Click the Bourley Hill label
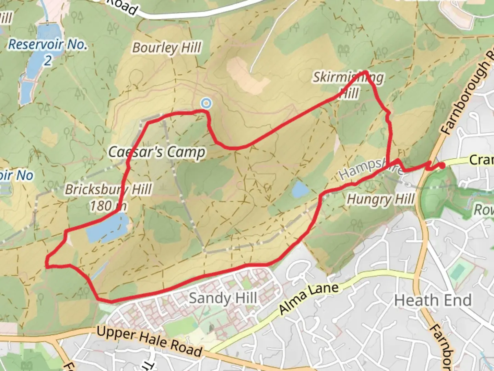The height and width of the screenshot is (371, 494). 167,48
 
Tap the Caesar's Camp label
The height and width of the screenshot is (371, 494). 157,152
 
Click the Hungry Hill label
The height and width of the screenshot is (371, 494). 380,199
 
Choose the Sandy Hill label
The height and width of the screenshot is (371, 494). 223,298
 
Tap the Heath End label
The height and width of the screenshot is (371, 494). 433,300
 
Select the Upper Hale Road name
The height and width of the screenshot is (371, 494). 149,341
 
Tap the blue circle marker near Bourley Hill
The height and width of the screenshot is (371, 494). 206,103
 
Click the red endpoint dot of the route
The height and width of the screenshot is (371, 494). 443,166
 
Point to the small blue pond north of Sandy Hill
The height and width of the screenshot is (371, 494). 300,190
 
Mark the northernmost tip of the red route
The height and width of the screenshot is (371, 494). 366,72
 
